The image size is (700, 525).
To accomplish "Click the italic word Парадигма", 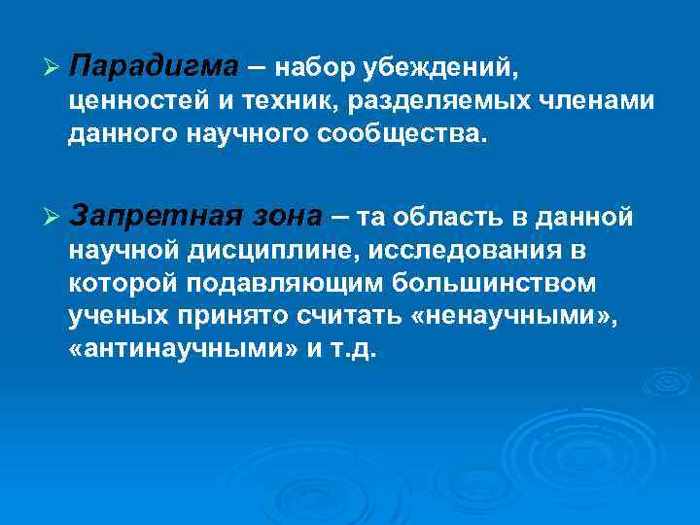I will (154, 68).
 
